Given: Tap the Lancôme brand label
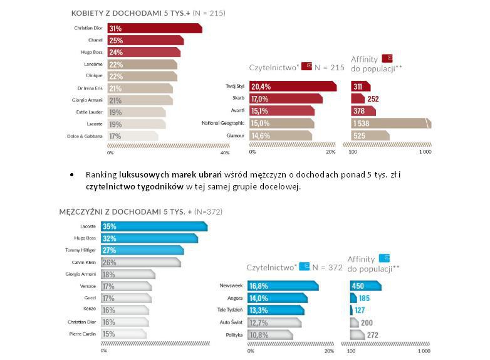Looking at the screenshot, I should [92, 65].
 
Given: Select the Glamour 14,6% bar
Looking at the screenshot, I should [281, 135].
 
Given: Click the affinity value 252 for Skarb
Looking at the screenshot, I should [373, 99].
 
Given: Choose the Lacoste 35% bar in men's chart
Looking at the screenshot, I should [154, 226].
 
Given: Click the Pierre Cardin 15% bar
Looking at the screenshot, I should [123, 334].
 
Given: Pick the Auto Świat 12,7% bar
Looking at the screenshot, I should [274, 322].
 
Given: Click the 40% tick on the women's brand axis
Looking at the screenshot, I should [226, 152].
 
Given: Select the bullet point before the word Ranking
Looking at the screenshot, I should [72, 174].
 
